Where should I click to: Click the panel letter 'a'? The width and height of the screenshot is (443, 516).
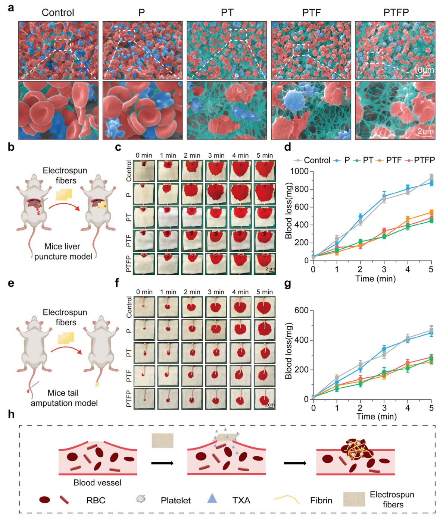(11, 7)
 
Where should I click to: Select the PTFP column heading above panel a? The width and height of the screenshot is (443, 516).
(396, 13)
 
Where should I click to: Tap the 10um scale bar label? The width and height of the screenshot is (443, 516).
(423, 70)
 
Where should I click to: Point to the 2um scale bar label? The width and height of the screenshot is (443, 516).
(425, 131)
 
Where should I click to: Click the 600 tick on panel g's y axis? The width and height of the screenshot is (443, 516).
(301, 311)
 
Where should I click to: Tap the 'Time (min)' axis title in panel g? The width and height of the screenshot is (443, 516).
(376, 416)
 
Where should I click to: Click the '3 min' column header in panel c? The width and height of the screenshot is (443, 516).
(216, 155)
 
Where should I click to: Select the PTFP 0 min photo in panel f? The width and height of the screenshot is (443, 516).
(144, 399)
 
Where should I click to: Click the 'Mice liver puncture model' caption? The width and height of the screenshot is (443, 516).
(63, 252)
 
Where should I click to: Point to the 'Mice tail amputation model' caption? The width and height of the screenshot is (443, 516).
(64, 398)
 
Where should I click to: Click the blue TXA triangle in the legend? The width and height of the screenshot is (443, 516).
(212, 498)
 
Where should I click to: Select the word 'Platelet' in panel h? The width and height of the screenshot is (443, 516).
(175, 500)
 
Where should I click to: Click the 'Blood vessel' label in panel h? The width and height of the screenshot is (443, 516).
(97, 483)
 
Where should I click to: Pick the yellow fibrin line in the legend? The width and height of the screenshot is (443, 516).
(286, 499)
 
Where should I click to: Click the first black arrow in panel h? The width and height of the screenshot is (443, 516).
(162, 463)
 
